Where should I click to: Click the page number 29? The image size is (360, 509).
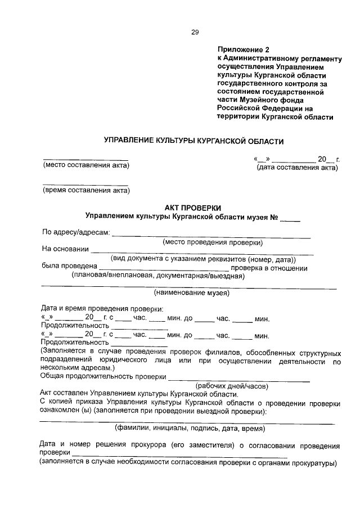pos(195,32)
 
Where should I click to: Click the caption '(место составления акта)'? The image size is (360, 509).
pos(86,165)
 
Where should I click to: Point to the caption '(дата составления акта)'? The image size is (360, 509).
pos(297,168)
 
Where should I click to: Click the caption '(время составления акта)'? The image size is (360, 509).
pos(86,190)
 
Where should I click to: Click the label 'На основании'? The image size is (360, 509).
pos(65,249)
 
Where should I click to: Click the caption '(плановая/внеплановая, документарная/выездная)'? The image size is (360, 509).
pos(157,276)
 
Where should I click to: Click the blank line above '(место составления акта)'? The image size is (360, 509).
pos(85,159)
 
